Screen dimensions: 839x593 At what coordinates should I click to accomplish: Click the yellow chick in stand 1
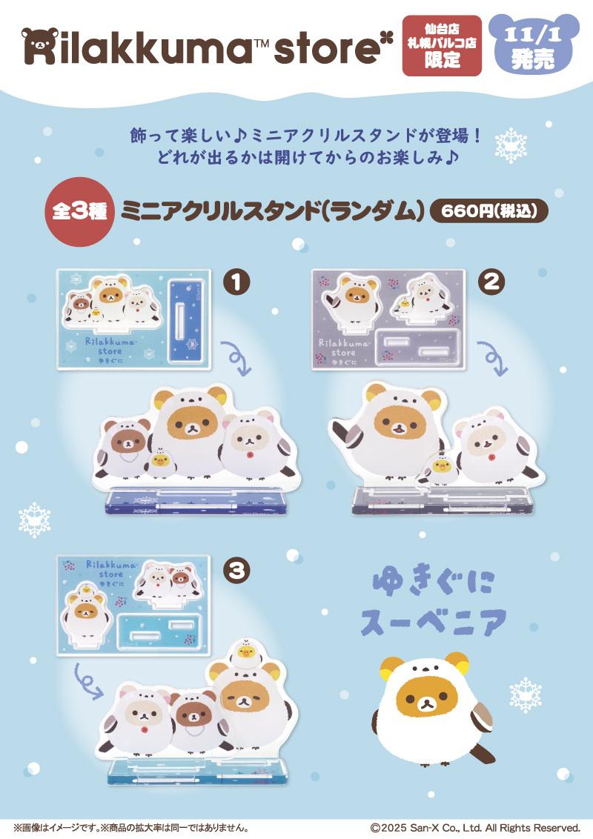tap(159, 461)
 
